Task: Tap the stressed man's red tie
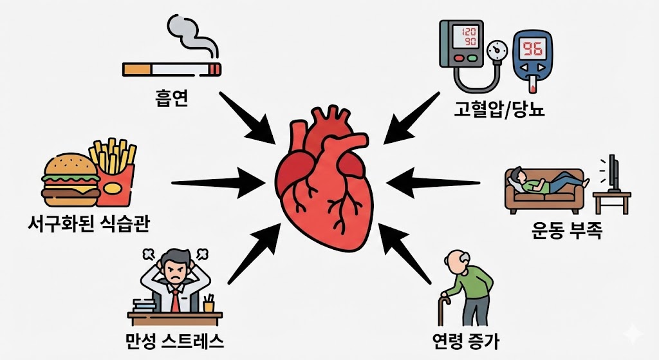coord(175,300)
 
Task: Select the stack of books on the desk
coord(144,303)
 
